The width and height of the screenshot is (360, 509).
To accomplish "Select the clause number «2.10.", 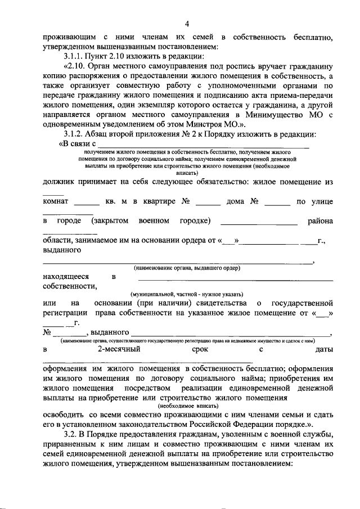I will pos(75,66).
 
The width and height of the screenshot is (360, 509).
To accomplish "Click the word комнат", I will pos(56,201).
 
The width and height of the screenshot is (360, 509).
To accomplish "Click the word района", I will pos(320,220).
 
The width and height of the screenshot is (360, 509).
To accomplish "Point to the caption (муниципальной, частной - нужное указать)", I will pos(187,294).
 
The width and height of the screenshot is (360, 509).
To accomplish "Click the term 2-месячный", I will pos(119,349).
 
